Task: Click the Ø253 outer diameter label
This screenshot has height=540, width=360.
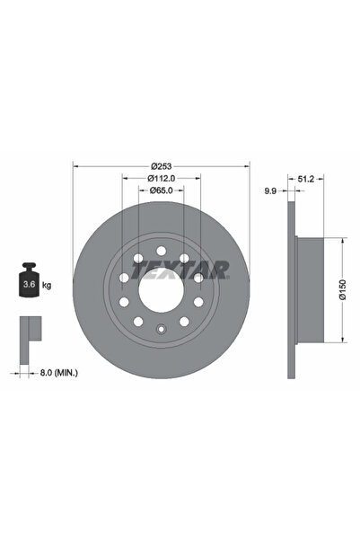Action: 161,166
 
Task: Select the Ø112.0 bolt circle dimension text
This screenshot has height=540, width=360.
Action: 161,178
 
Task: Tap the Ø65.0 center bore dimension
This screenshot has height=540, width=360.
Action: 161,190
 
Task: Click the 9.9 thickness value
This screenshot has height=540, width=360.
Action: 269,190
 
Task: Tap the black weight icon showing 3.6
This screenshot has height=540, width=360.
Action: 29,282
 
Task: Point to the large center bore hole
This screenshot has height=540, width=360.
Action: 161,289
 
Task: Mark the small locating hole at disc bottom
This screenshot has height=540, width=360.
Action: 161,329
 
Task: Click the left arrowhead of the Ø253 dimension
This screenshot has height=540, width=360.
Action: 75,166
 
